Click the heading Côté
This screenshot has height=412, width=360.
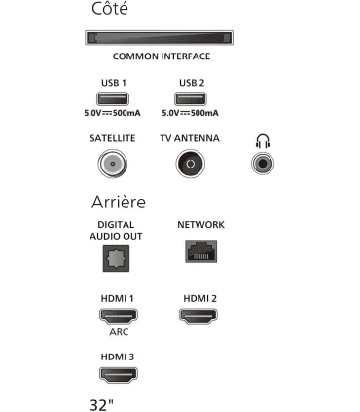pyautogui.click(x=109, y=10)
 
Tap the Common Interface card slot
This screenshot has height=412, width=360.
pyautogui.click(x=155, y=38)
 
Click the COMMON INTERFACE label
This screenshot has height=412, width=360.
pyautogui.click(x=162, y=56)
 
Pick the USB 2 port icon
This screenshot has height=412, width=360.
pyautogui.click(x=190, y=98)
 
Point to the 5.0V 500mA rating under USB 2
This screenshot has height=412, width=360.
pyautogui.click(x=190, y=113)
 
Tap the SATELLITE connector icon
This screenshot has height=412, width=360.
pyautogui.click(x=113, y=164)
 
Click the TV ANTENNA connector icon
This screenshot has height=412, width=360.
pyautogui.click(x=190, y=164)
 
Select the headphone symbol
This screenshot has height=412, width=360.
pyautogui.click(x=262, y=140)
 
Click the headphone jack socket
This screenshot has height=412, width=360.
pyautogui.click(x=262, y=164)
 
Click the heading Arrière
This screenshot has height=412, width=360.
pyautogui.click(x=118, y=202)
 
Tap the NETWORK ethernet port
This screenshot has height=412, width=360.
pyautogui.click(x=200, y=251)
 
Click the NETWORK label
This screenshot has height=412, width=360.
pyautogui.click(x=200, y=225)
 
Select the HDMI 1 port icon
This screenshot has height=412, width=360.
pyautogui.click(x=118, y=316)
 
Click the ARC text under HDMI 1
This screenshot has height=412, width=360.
pyautogui.click(x=118, y=332)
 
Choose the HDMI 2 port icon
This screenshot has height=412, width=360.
pyautogui.click(x=199, y=316)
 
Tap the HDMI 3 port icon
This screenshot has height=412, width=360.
pyautogui.click(x=118, y=373)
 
